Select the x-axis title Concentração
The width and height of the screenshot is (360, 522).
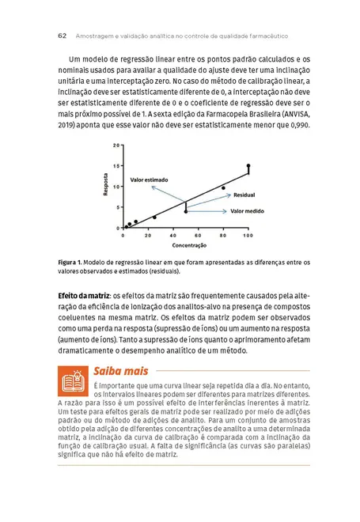(x=185, y=245)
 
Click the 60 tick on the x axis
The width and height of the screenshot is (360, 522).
(x=198, y=236)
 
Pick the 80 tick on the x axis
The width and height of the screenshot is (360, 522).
(x=223, y=236)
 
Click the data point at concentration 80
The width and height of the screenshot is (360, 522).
(x=223, y=188)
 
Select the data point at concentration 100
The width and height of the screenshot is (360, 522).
(x=248, y=166)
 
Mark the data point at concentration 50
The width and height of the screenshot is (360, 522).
(x=186, y=211)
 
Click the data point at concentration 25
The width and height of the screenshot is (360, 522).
(x=154, y=217)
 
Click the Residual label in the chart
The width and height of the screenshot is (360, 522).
(x=244, y=195)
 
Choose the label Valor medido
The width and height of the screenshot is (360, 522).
(x=245, y=211)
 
